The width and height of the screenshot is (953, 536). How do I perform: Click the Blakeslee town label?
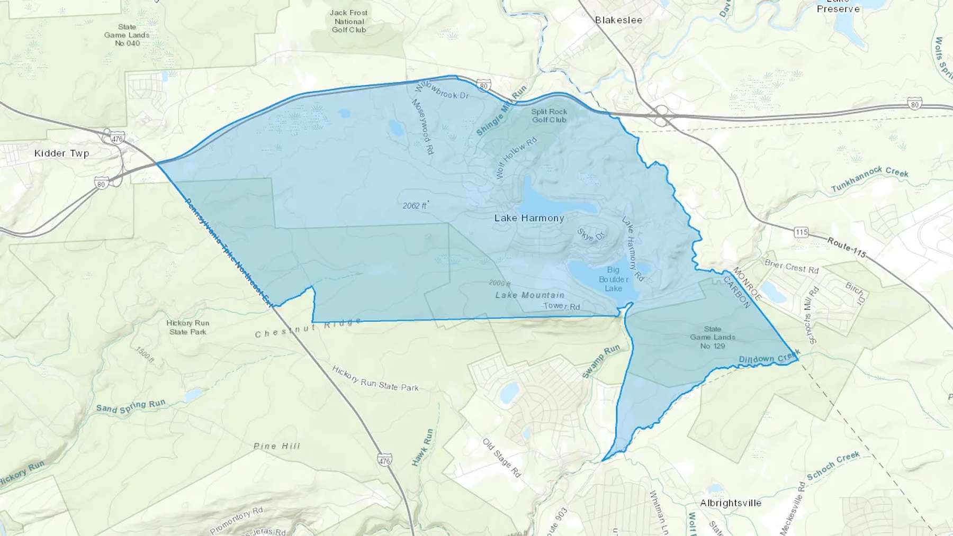(618, 20)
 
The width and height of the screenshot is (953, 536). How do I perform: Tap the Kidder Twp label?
(61, 153)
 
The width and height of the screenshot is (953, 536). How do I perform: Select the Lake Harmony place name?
(529, 218)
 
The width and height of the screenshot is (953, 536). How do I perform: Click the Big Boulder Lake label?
(613, 279)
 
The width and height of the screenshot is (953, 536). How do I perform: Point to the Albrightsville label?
(731, 503)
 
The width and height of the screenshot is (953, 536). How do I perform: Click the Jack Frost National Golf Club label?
(349, 21)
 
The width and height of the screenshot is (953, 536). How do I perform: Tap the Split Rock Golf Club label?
(549, 115)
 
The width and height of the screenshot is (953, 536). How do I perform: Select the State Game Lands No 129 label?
(712, 337)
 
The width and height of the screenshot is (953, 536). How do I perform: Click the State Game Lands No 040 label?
(127, 35)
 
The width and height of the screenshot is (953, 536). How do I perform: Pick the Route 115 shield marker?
(801, 232)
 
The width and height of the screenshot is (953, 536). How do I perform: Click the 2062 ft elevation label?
(415, 205)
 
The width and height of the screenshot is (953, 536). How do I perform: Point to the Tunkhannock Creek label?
(869, 179)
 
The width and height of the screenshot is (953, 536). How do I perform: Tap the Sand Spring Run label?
(131, 406)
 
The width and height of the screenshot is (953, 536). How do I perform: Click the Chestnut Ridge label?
(308, 329)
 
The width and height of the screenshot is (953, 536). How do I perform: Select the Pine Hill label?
(276, 446)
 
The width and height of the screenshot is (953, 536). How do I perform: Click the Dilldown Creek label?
(769, 359)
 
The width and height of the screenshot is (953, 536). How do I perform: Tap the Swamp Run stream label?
(601, 362)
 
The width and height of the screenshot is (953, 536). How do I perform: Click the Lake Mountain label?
(529, 295)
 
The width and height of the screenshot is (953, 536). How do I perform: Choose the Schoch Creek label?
(833, 466)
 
